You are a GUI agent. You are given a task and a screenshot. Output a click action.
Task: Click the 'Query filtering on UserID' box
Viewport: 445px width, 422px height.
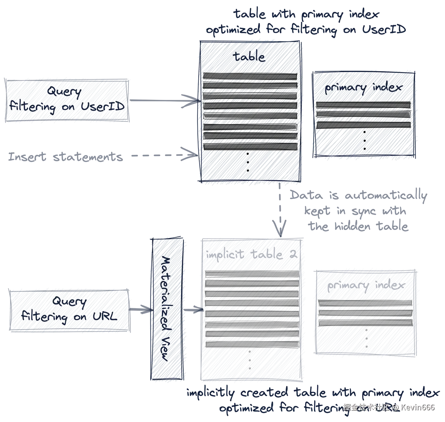pos(67,100)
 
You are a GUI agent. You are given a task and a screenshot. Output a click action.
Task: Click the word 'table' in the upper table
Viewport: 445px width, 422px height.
pos(249,57)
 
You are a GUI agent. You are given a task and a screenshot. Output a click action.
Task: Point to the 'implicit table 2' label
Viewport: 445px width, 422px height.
pos(251,254)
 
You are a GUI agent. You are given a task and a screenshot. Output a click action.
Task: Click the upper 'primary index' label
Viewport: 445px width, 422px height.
pos(363,88)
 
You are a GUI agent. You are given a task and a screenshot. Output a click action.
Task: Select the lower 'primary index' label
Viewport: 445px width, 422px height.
pos(366,285)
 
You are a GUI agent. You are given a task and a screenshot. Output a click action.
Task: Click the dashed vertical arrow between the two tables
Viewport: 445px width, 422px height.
pos(280,210)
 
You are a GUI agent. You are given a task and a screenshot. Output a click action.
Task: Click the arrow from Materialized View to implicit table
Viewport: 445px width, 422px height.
pos(192,309)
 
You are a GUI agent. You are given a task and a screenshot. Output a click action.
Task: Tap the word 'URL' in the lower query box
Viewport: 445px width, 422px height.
pos(104,317)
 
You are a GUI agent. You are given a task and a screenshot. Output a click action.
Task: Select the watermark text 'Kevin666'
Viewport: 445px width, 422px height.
pos(417,407)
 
